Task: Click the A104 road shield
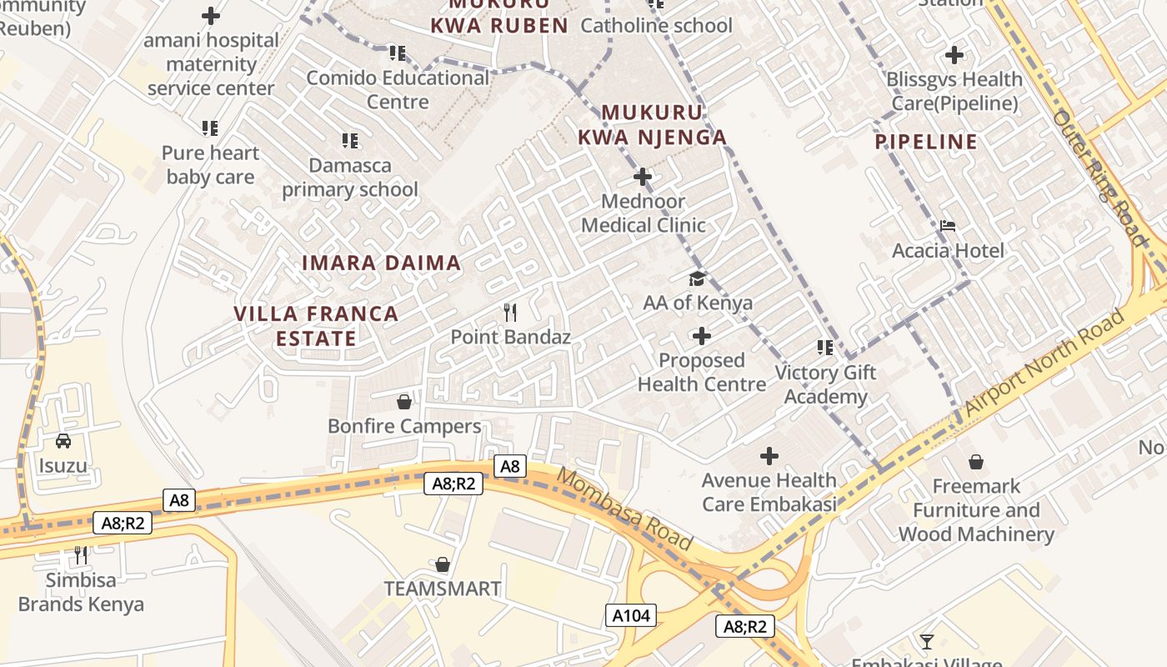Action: point(630,616)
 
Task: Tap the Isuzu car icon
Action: point(63,441)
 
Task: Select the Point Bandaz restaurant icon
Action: point(510,313)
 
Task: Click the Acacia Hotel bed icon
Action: point(948,226)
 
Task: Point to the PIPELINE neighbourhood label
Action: point(926,142)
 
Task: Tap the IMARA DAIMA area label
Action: point(381,263)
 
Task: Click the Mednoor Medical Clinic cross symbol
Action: point(643,177)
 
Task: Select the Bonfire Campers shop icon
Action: point(404,402)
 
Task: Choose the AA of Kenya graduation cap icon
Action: point(697,278)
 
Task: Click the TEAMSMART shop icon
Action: point(443,564)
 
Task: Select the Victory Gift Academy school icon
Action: point(825,348)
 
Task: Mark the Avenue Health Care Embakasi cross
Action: point(769,456)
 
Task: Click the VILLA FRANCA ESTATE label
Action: point(316,326)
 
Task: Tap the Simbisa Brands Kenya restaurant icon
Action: point(81,554)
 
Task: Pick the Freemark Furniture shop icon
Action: point(976,462)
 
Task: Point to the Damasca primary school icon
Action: point(350,141)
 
